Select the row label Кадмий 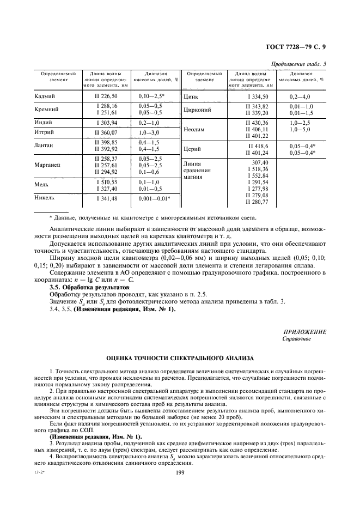(x=45, y=96)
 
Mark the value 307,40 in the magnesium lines (x=259, y=163)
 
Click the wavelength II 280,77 (x=257, y=202)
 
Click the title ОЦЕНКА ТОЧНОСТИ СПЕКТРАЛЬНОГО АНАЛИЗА (x=180, y=359)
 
